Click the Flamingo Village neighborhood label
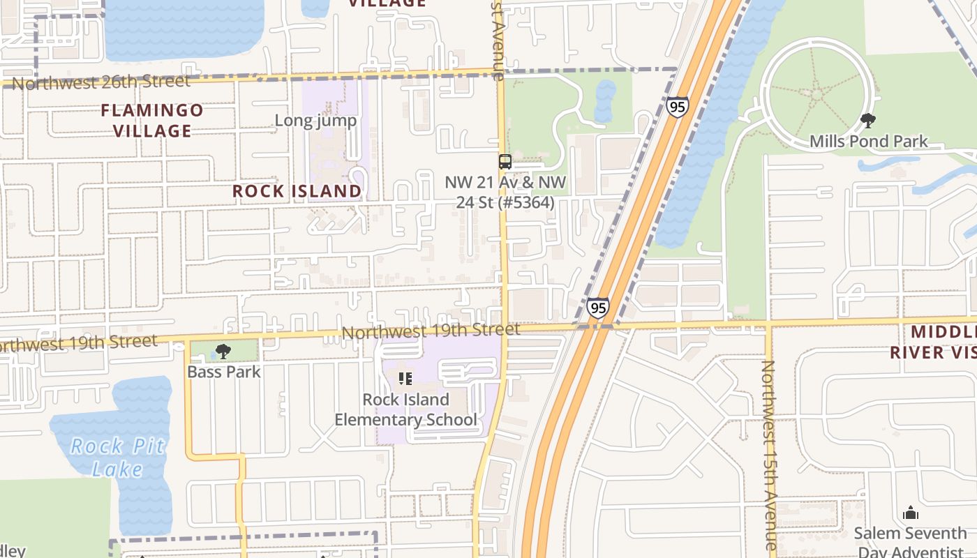click(x=152, y=120)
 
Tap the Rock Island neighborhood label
click(x=297, y=191)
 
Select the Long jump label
click(x=315, y=121)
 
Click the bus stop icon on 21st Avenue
click(x=505, y=162)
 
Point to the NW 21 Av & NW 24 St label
click(x=505, y=193)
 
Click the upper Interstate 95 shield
click(x=677, y=107)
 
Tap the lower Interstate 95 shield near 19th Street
click(x=597, y=308)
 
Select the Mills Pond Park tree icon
click(x=868, y=121)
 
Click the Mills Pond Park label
click(x=868, y=142)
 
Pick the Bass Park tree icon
click(x=223, y=352)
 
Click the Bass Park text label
click(x=223, y=372)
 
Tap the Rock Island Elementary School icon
click(x=405, y=379)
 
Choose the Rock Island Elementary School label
click(x=405, y=409)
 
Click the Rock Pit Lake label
click(x=117, y=458)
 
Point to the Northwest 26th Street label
click(x=100, y=82)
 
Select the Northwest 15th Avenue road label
click(x=769, y=453)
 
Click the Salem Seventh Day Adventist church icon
click(x=911, y=513)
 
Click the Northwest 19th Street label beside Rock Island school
click(x=431, y=330)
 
